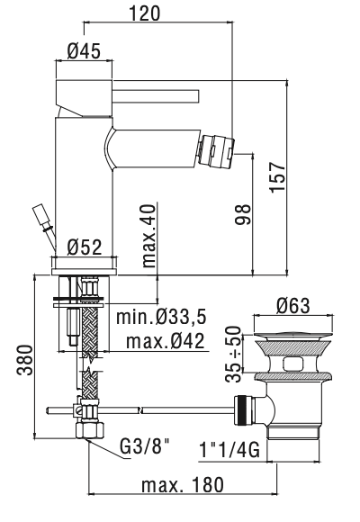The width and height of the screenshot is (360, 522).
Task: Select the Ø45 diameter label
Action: [84, 52]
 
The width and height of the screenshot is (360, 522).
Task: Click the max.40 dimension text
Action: [149, 235]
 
